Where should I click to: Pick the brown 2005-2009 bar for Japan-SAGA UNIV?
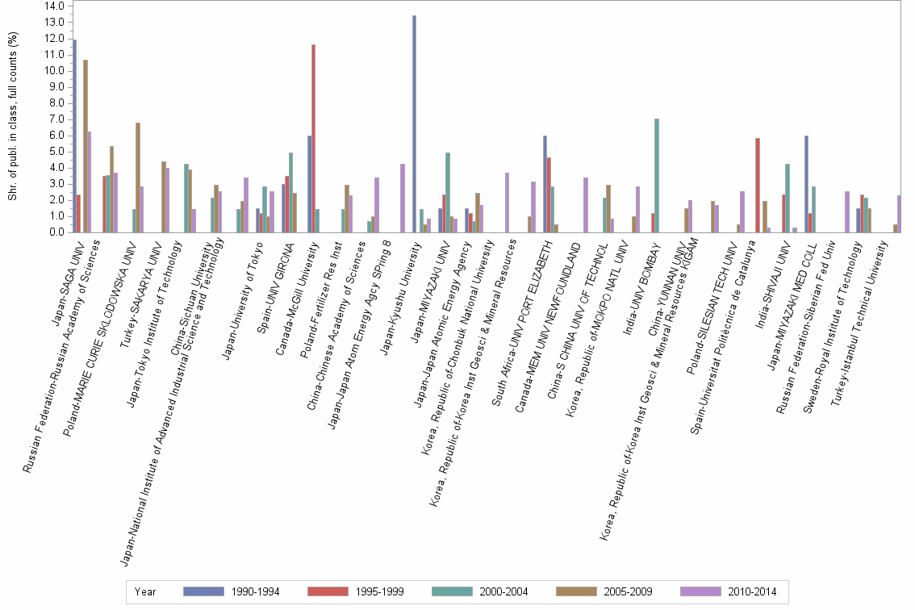coord(85,146)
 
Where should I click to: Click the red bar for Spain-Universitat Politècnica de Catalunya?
coord(758,185)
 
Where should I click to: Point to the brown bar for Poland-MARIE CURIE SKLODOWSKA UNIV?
coord(138,178)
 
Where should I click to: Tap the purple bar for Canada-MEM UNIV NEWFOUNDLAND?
coord(585,205)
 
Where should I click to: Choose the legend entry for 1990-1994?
coord(230,591)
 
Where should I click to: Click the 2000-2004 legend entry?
coord(479,591)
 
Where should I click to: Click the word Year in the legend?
coord(145,591)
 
